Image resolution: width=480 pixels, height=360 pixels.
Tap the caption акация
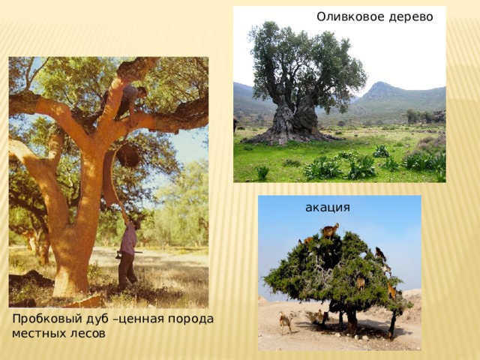pos(328,208)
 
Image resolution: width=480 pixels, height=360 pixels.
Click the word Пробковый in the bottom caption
pos(43,319)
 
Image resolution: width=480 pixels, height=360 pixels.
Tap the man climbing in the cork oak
pos(125,100)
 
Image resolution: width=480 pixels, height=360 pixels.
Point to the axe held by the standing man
pos(126,253)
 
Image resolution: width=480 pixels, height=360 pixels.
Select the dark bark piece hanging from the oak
pos(128,155)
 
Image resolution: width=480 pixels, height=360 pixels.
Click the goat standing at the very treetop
pos(330,230)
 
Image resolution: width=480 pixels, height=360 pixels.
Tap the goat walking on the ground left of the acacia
pos(285,322)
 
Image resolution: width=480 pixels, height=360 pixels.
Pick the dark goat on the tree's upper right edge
pos(380,253)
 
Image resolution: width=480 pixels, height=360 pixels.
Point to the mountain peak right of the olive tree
pos(379,83)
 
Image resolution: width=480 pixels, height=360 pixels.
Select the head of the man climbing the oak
pos(142,91)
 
